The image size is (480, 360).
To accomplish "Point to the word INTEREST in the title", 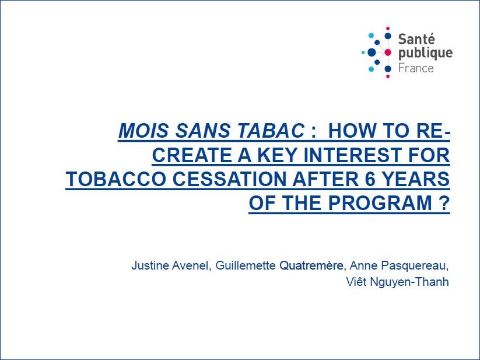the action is click(x=349, y=155).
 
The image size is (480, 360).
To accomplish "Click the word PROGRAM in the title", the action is click(x=380, y=202).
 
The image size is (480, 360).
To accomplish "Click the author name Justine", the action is click(x=150, y=265).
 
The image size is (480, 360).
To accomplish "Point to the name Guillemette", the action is click(x=246, y=265).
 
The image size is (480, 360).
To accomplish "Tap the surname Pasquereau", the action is click(x=415, y=265).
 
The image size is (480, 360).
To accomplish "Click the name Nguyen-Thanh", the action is click(x=409, y=282).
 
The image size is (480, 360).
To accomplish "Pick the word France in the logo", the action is click(x=416, y=68).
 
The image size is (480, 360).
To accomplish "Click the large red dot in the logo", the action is click(x=387, y=53).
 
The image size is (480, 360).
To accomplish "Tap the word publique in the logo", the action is click(x=425, y=54).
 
